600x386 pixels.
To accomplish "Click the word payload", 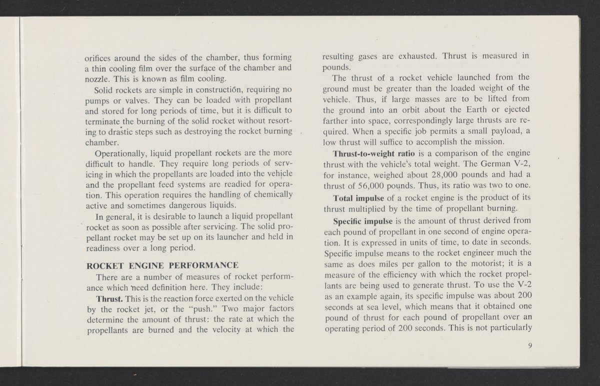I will (x=499, y=131).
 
